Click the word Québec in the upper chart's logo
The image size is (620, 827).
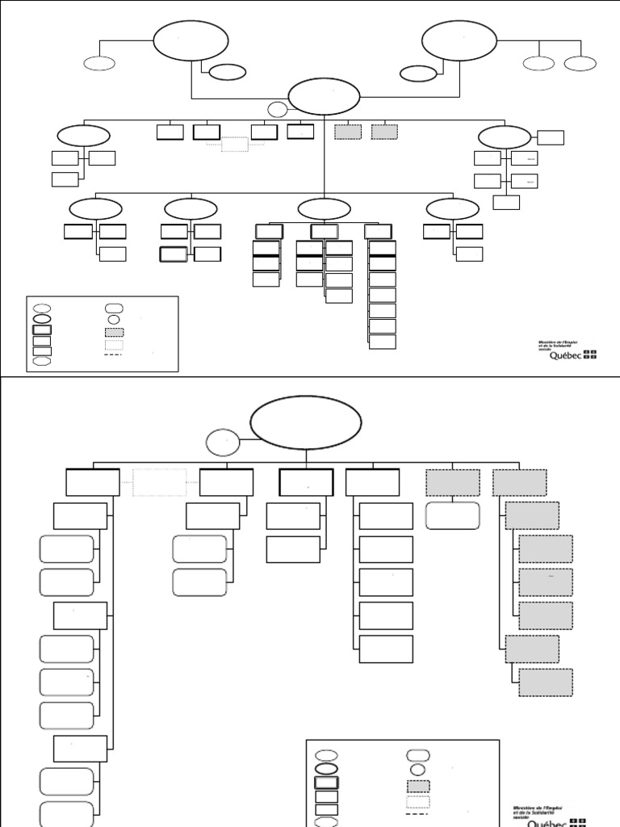(x=565, y=355)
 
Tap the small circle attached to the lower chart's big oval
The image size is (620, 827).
(x=223, y=443)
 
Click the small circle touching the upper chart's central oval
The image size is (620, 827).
(x=278, y=111)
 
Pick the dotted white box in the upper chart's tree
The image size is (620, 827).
(x=235, y=145)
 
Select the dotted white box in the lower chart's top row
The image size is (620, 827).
(x=160, y=482)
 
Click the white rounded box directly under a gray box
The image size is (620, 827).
(x=453, y=515)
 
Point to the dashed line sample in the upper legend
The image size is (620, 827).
(x=114, y=354)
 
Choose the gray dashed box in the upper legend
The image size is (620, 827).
(x=114, y=332)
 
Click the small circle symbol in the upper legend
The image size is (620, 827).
(x=114, y=320)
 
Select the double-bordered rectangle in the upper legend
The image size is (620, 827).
(x=42, y=330)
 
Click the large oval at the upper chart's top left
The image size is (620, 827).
(x=191, y=40)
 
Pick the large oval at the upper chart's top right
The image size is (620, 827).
(x=459, y=40)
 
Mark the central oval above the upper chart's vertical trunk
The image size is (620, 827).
(x=324, y=97)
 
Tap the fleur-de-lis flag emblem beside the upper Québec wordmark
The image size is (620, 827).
(x=591, y=355)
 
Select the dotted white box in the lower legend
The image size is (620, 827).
(x=417, y=802)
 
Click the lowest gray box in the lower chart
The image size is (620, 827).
(x=546, y=682)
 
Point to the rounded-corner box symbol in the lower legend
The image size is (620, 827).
(x=417, y=756)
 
